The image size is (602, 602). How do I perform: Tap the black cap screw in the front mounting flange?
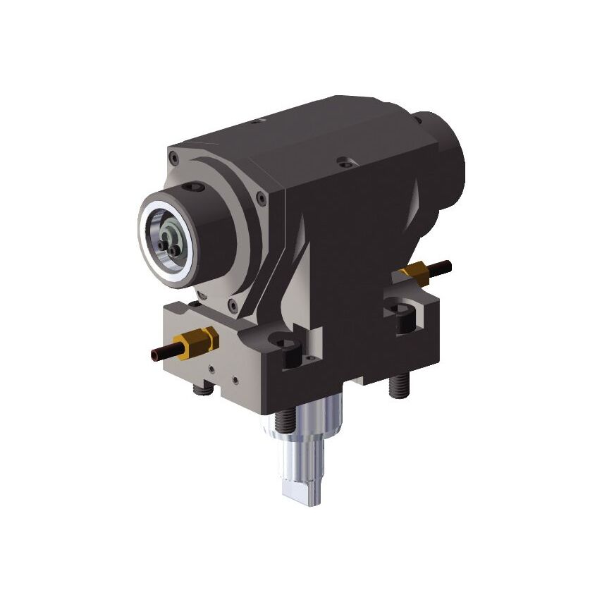[290, 353]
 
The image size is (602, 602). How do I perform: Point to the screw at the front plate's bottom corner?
[231, 304]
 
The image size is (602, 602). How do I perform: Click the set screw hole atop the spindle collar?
[194, 188]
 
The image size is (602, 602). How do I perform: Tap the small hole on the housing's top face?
[256, 122]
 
